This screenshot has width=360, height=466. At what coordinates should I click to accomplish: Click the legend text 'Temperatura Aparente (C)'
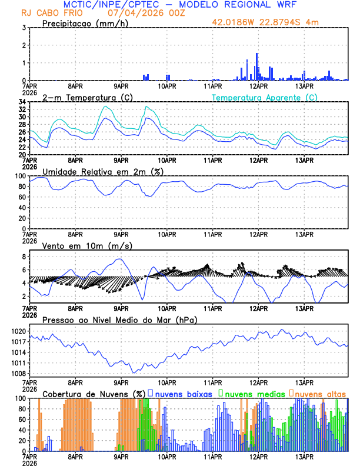click(264, 97)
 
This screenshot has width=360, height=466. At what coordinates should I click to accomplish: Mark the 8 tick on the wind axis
click(24, 257)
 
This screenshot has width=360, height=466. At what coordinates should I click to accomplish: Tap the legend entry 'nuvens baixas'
click(185, 393)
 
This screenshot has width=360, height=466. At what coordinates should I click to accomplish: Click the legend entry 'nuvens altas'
click(320, 393)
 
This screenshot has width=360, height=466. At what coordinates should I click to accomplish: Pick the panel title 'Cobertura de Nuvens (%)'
click(94, 393)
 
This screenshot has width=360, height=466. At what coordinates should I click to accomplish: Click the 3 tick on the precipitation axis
click(24, 28)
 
